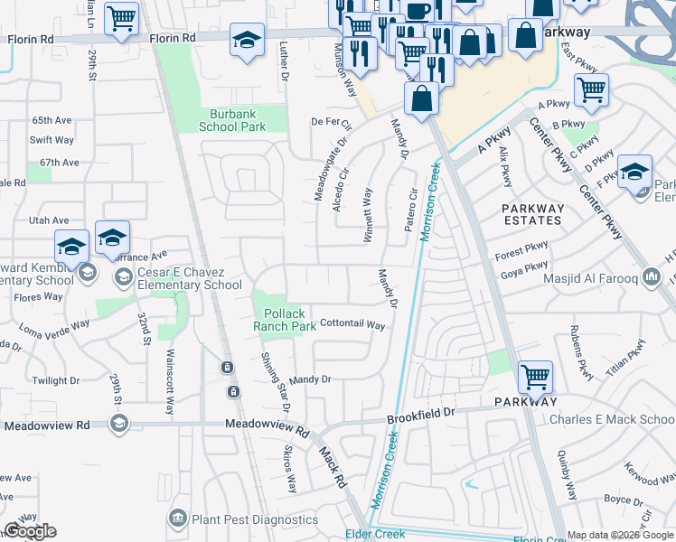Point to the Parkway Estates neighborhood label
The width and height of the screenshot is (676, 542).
pyautogui.click(x=533, y=214)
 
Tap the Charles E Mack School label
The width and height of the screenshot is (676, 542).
pyautogui.click(x=624, y=419)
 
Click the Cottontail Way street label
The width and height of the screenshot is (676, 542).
pyautogui.click(x=352, y=324)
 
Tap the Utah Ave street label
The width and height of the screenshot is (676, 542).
pyautogui.click(x=49, y=220)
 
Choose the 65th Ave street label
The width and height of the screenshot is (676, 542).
pyautogui.click(x=51, y=120)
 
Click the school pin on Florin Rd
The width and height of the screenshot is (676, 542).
pyautogui.click(x=247, y=40)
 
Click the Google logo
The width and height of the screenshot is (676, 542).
pyautogui.click(x=30, y=531)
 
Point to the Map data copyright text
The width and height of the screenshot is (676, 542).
pyautogui.click(x=620, y=535)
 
